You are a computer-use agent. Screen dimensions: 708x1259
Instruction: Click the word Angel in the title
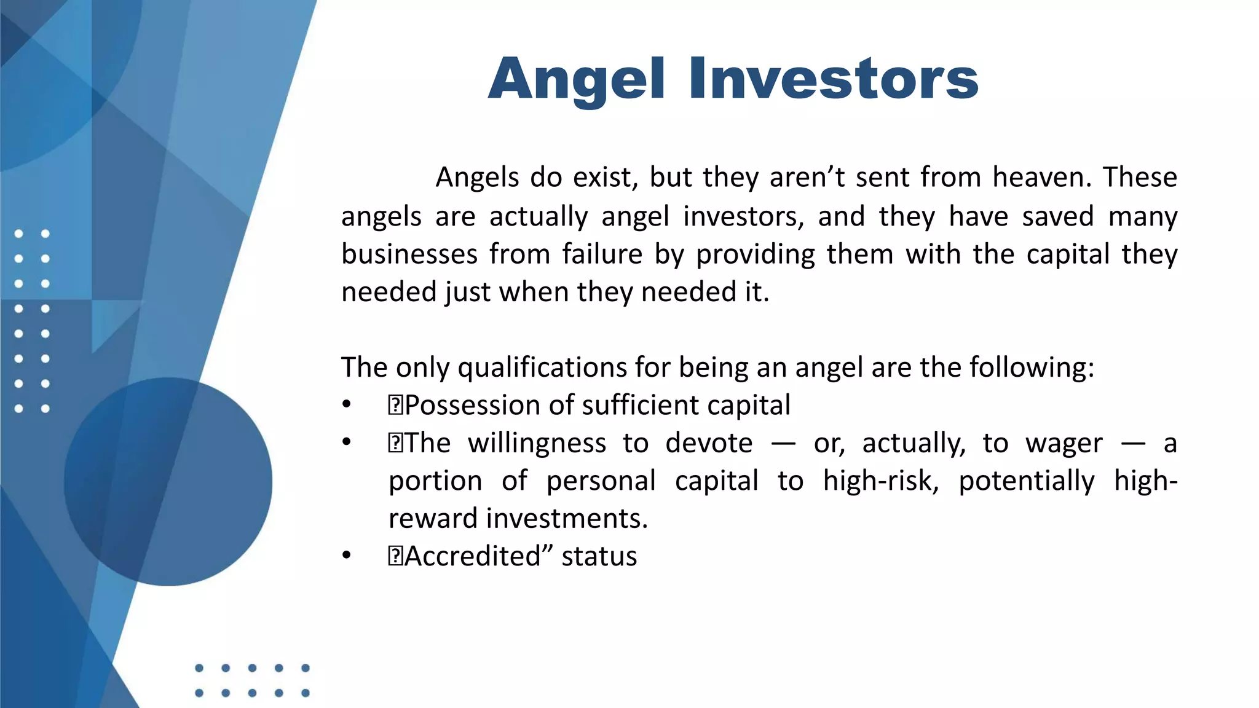[576, 79]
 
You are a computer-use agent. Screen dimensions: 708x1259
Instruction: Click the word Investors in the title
[833, 79]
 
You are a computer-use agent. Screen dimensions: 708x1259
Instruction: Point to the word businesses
[409, 254]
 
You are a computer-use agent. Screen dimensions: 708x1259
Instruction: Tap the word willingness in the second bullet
[537, 443]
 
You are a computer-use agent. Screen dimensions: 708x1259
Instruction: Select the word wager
[1064, 444]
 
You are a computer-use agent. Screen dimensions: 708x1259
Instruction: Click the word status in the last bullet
[599, 556]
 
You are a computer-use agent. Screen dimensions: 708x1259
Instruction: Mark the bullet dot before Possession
[347, 405]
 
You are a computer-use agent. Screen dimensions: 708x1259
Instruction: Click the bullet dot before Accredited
[347, 556]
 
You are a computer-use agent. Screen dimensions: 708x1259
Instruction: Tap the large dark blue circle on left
[168, 481]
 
